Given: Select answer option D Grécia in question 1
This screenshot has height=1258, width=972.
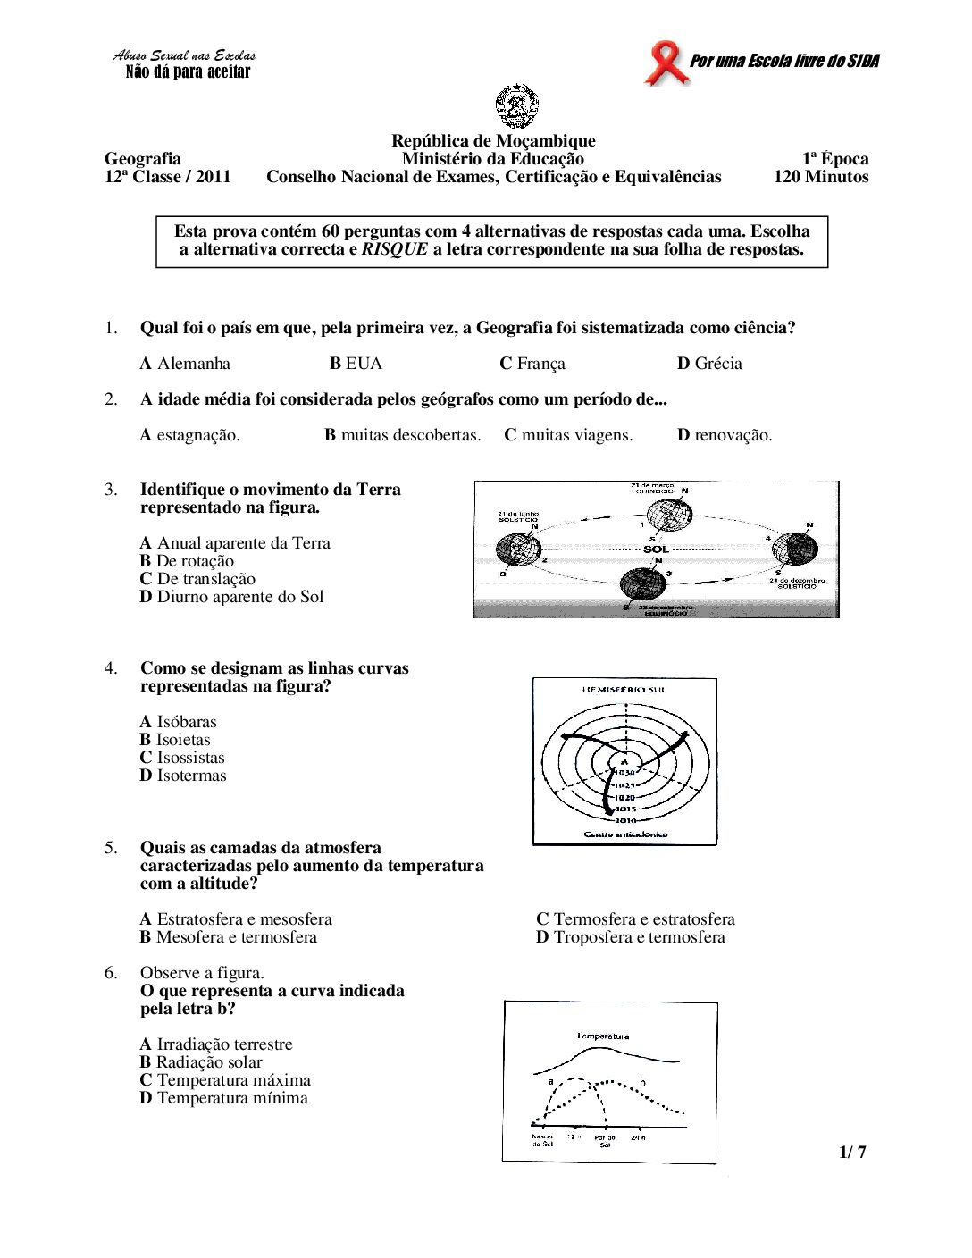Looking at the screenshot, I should [x=709, y=364].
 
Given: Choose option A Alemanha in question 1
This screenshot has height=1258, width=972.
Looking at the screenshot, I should [x=185, y=364].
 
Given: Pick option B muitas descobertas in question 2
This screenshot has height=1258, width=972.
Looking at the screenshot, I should [x=402, y=435].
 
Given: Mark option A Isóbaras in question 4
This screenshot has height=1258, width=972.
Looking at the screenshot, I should [x=178, y=722].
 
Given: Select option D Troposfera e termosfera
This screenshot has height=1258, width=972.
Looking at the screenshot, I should [x=630, y=937].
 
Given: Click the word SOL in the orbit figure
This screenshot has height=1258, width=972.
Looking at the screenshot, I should [x=656, y=549].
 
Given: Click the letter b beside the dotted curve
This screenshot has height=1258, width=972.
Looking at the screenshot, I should [x=641, y=1082].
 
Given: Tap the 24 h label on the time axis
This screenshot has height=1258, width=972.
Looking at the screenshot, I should [x=636, y=1137].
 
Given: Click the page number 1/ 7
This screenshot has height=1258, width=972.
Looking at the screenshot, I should [x=852, y=1153].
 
